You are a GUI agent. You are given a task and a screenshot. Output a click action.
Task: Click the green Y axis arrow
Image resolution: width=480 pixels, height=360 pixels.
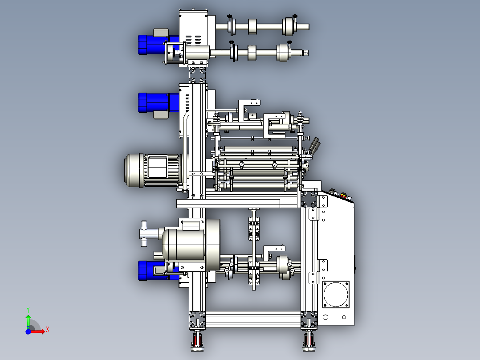coord(28,321)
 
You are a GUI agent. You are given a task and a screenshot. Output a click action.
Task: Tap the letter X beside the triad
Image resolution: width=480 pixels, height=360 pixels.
coord(48,330)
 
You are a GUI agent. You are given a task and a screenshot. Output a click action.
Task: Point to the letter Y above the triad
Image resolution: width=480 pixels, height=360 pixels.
coord(28,310)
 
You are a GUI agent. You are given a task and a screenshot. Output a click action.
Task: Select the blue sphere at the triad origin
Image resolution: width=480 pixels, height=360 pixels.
coord(28,331)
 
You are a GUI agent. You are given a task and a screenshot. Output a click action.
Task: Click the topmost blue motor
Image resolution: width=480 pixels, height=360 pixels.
coord(158,45)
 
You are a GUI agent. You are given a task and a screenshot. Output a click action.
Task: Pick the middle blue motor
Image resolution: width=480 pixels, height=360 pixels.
coord(158,102)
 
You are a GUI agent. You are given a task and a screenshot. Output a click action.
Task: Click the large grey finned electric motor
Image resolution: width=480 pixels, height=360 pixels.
coord(152,170)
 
